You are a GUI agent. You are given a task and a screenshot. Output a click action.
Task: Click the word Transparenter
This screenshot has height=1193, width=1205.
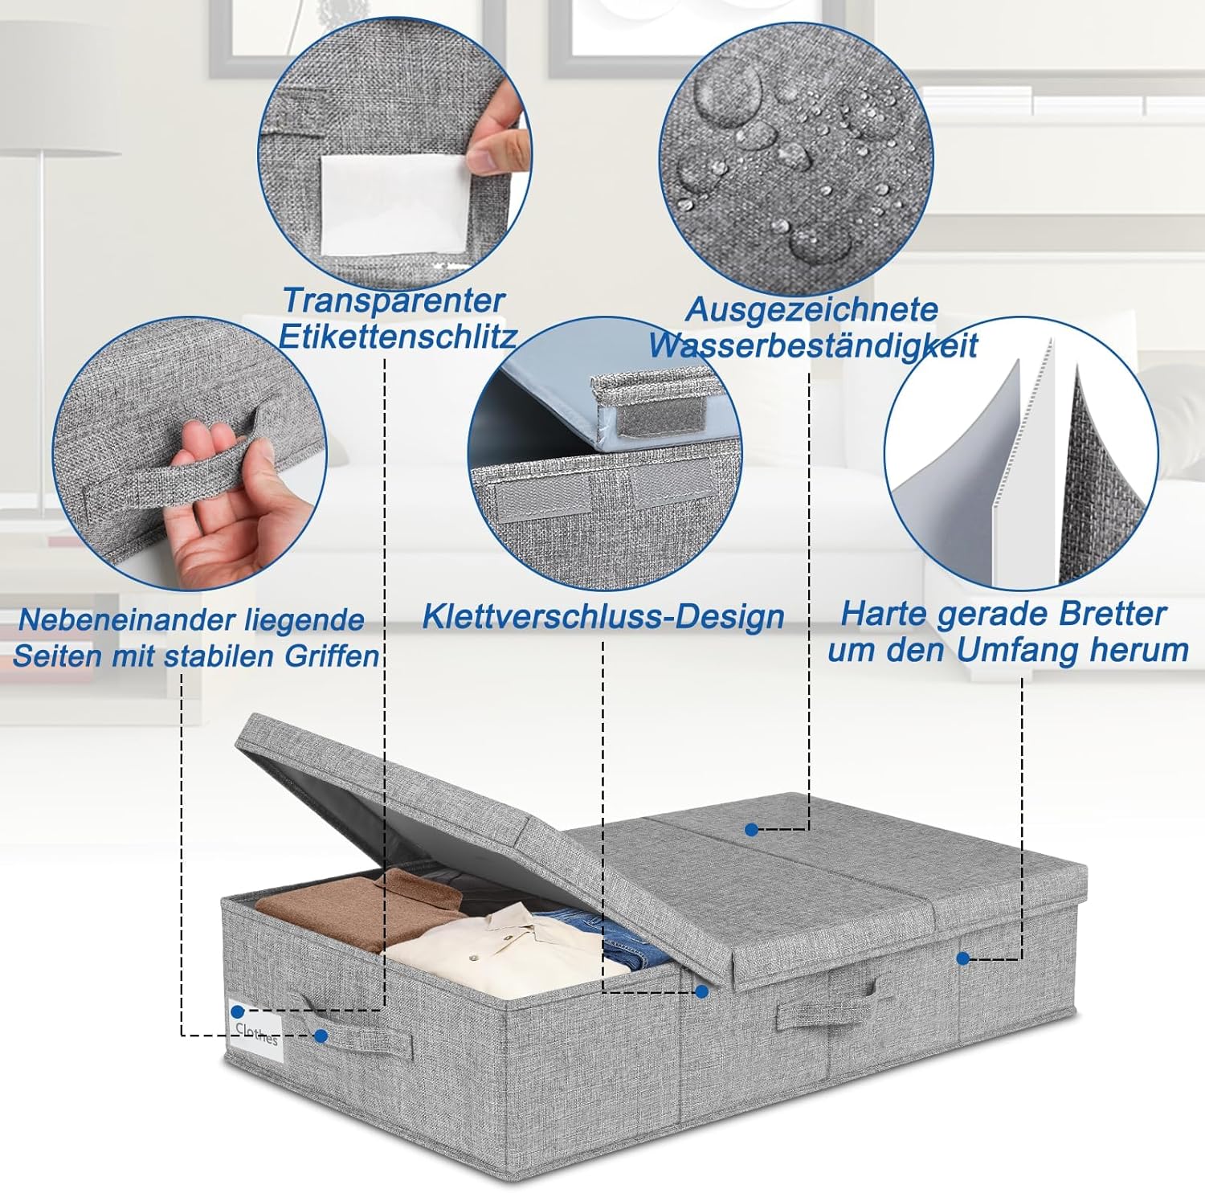[394, 300]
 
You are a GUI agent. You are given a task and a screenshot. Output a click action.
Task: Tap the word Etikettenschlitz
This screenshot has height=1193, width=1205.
[397, 336]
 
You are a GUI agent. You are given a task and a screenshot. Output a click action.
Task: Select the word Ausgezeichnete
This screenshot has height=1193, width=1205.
[811, 310]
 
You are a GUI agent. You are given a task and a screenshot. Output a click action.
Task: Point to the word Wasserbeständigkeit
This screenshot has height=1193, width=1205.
[813, 345]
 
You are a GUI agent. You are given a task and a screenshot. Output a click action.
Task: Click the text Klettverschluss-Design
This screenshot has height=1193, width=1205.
[603, 617]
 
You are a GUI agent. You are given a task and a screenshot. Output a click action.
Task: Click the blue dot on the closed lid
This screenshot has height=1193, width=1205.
[751, 829]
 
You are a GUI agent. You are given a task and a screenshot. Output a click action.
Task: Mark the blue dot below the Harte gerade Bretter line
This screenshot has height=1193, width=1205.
[963, 958]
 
